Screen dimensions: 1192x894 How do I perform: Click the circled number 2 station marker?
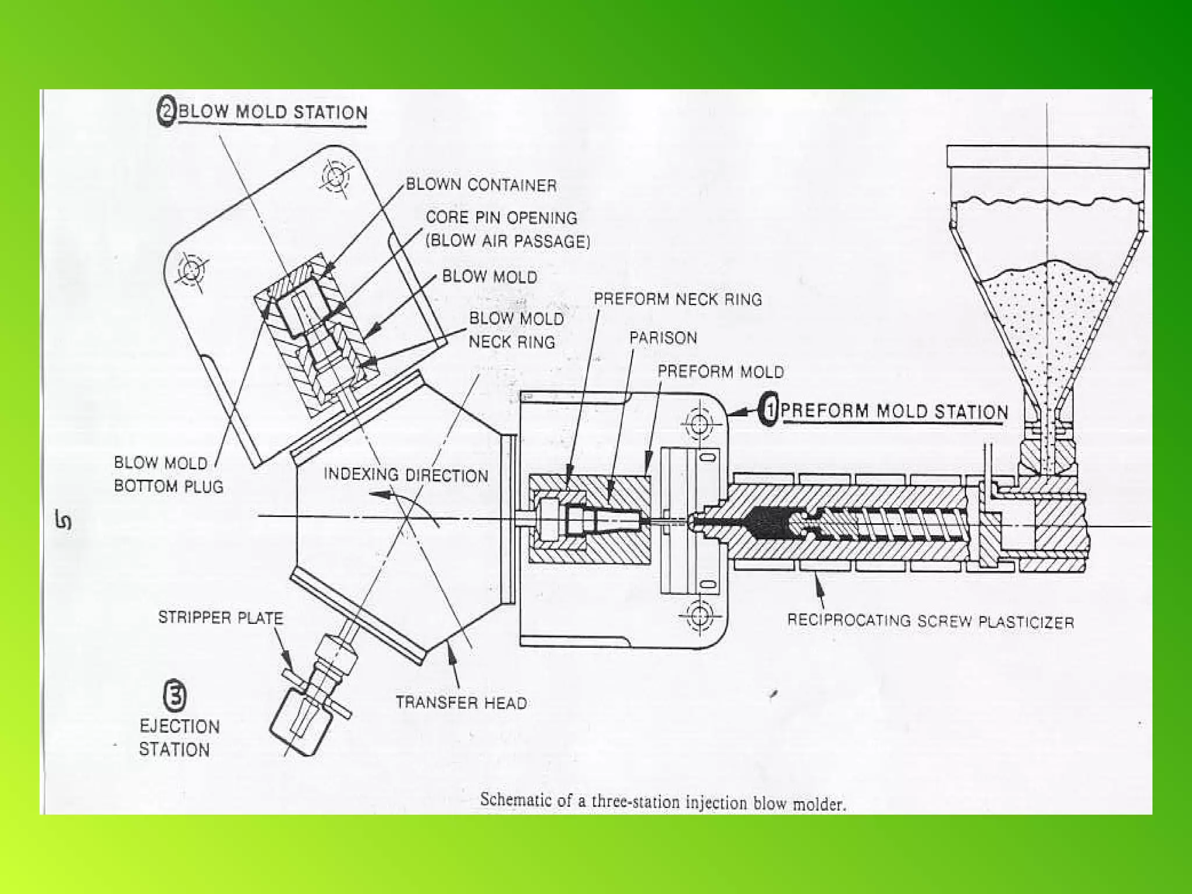(167, 111)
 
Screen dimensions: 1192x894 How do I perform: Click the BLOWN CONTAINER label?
(481, 185)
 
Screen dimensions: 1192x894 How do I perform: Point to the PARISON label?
(663, 338)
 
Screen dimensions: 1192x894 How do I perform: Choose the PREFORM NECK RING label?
(677, 299)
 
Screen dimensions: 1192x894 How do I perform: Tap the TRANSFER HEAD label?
(461, 703)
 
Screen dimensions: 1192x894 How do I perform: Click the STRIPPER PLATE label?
(220, 618)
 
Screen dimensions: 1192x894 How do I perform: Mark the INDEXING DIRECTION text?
(406, 475)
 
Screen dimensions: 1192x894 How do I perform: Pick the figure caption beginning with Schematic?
(662, 802)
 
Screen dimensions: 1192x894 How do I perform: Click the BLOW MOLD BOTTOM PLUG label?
(168, 474)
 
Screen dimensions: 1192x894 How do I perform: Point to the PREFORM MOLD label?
(721, 371)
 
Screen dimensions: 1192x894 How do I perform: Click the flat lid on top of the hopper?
(1048, 157)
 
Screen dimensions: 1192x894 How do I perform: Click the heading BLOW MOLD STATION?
(272, 112)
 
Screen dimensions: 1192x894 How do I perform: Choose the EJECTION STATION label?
(179, 737)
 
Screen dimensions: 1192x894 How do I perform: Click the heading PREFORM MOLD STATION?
(894, 411)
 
